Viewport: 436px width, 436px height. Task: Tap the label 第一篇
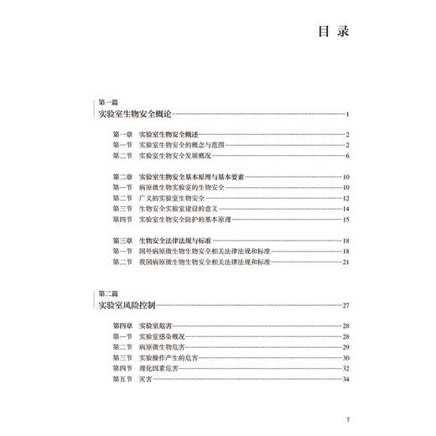click(x=108, y=101)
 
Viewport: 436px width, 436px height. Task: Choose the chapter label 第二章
click(x=122, y=176)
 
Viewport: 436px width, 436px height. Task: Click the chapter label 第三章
click(x=122, y=240)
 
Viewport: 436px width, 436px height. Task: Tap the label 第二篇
click(x=108, y=293)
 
